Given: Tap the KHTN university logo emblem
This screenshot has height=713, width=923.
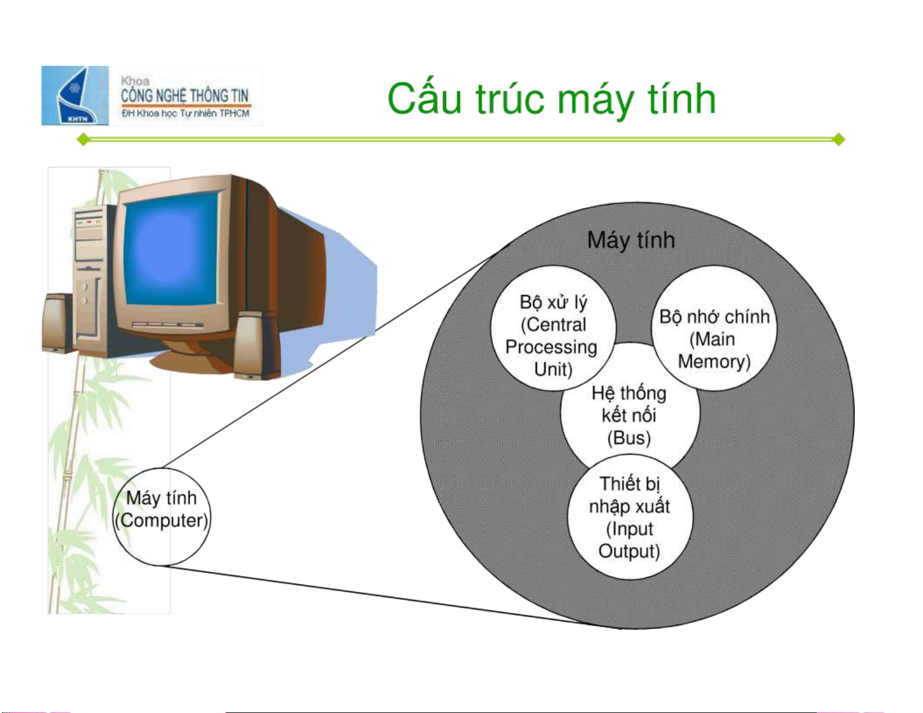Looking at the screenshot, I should (75, 95).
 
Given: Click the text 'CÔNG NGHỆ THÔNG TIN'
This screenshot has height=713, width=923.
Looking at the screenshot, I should (185, 95).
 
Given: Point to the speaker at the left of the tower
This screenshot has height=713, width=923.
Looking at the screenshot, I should (57, 323).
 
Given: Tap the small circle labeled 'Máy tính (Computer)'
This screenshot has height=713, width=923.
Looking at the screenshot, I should (161, 517).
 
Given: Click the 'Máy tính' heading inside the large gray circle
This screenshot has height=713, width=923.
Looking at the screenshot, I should (631, 240).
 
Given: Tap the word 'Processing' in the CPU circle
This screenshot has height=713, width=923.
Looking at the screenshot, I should (551, 347).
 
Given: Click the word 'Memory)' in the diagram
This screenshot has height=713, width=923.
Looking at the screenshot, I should (714, 361).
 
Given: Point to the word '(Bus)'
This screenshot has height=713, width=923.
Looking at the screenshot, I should (628, 438).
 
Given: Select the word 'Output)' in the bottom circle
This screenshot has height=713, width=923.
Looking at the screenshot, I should (629, 551).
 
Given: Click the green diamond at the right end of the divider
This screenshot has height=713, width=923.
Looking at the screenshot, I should (839, 139).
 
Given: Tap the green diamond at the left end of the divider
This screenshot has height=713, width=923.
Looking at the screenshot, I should (83, 139).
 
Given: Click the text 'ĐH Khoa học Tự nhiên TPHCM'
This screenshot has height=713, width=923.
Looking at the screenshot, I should (185, 113).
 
